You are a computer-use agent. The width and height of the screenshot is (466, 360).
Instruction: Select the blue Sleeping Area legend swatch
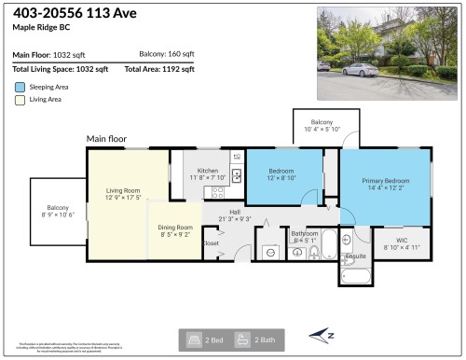19,86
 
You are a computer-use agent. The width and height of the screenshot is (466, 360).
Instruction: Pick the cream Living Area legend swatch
19,99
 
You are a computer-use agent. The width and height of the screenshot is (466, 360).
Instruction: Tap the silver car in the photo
360,70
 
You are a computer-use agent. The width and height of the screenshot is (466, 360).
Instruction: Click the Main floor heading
105,139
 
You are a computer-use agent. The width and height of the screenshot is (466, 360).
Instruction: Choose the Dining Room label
174,228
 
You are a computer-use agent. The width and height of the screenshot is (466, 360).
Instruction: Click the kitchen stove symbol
218,192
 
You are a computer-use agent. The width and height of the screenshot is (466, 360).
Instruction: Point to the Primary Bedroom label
380,182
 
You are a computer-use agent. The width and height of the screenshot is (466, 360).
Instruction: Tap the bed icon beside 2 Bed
194,339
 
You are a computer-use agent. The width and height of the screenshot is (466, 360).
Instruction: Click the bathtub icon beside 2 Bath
241,339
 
